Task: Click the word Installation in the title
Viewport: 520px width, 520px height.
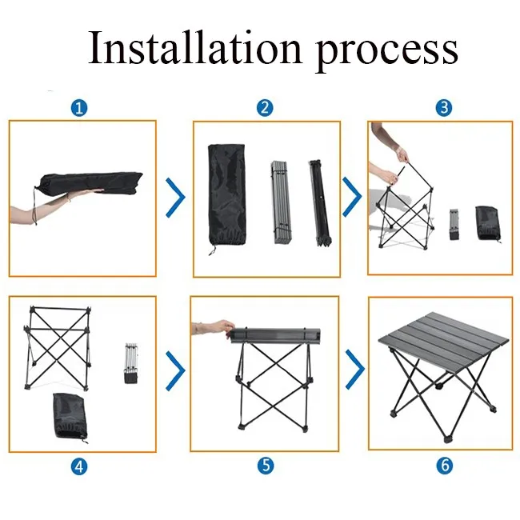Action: pos(195,46)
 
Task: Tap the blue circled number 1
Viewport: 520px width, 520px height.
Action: pos(79,108)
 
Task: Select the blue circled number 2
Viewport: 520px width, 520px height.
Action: pos(265,108)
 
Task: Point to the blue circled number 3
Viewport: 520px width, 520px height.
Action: pos(444,108)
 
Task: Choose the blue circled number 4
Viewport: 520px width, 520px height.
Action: pos(79,466)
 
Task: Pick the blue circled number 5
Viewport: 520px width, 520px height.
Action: pos(266,466)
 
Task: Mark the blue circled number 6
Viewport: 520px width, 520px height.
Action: pos(444,466)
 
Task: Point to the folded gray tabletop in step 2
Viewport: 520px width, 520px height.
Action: pos(281,202)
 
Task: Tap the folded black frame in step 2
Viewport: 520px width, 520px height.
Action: pos(319,203)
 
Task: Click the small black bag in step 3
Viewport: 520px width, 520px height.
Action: pos(487,223)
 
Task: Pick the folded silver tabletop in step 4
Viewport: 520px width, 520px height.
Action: pos(131,363)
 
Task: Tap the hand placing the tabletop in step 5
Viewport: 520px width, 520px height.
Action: pos(214,328)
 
